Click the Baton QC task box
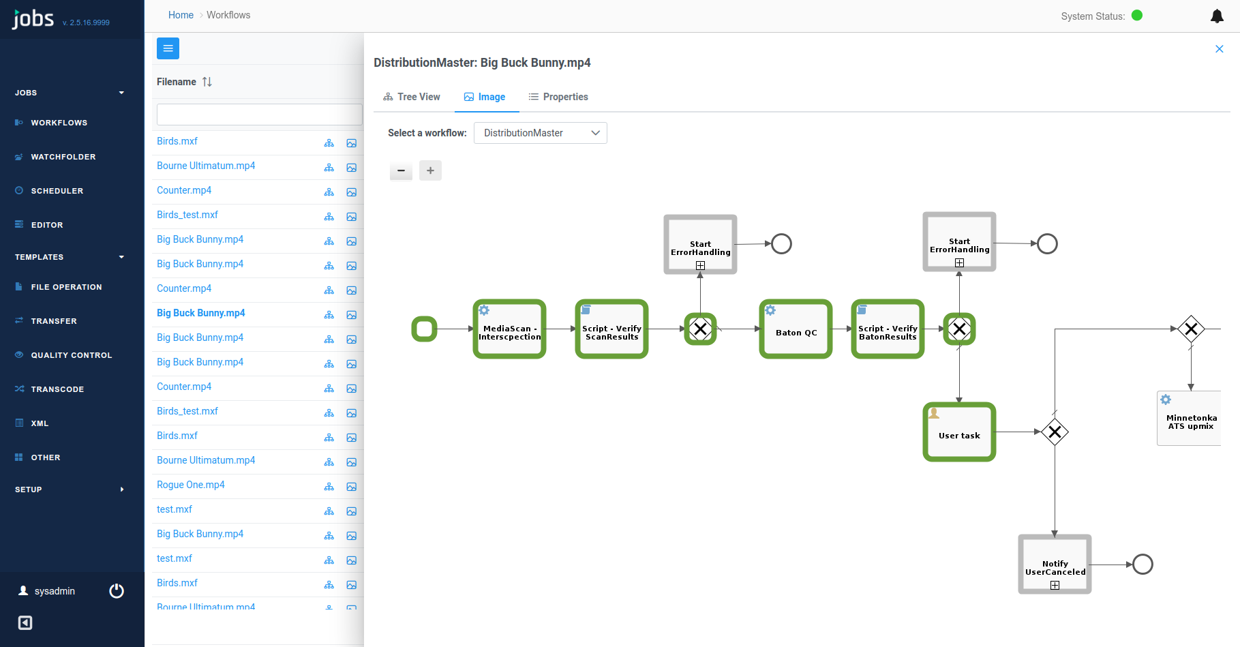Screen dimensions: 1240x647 pos(796,329)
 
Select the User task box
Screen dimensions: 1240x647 pos(959,432)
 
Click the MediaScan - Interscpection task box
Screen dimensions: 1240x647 pos(509,329)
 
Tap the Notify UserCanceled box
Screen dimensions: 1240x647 pos(1055,565)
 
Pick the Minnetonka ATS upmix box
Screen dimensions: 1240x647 pos(1190,419)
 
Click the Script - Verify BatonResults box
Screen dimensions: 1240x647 pos(888,329)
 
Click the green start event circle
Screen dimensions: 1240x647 pos(424,329)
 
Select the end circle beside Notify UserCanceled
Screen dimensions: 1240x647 pos(1143,565)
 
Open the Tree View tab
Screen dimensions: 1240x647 pos(412,97)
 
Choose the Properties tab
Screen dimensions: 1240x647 pos(558,97)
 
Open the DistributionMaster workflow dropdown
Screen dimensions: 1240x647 pos(540,133)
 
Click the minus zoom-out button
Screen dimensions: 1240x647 pos(401,170)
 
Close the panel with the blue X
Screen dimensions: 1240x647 pos(1220,49)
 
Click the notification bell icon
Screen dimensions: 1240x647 pos(1217,16)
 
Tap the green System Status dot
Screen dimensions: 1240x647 pos(1137,16)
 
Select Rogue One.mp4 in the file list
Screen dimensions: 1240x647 pos(191,485)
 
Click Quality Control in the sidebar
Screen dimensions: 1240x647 pos(72,355)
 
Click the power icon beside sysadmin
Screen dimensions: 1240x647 pos(117,591)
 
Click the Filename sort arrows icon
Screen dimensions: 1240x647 pos(207,82)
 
